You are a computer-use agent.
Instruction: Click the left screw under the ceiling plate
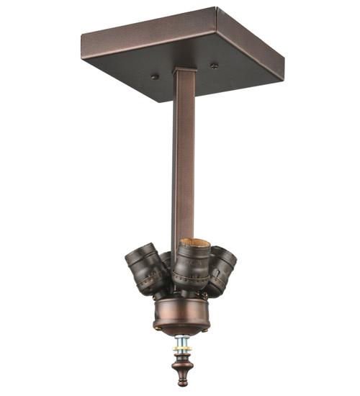click(x=155, y=75)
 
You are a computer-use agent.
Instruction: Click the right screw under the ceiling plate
click(x=214, y=66)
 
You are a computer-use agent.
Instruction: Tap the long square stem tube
click(x=184, y=166)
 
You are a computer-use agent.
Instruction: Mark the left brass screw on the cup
click(x=157, y=326)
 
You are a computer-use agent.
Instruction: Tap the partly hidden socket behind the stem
click(x=167, y=258)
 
